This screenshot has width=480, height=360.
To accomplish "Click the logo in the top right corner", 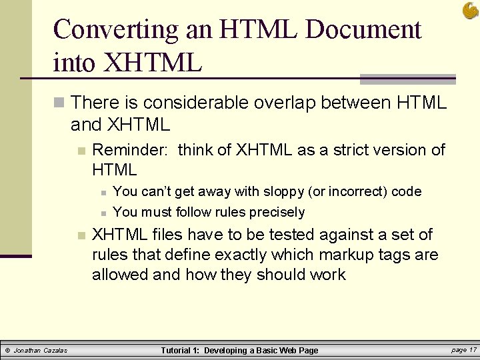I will [x=470, y=11].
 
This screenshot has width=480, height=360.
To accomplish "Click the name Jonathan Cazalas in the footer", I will [x=41, y=350].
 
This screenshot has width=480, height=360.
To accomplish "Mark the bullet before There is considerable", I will [x=59, y=103].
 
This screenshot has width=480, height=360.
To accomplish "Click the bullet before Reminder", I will [x=81, y=151].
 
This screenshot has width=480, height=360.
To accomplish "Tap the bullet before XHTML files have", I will [x=81, y=235].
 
